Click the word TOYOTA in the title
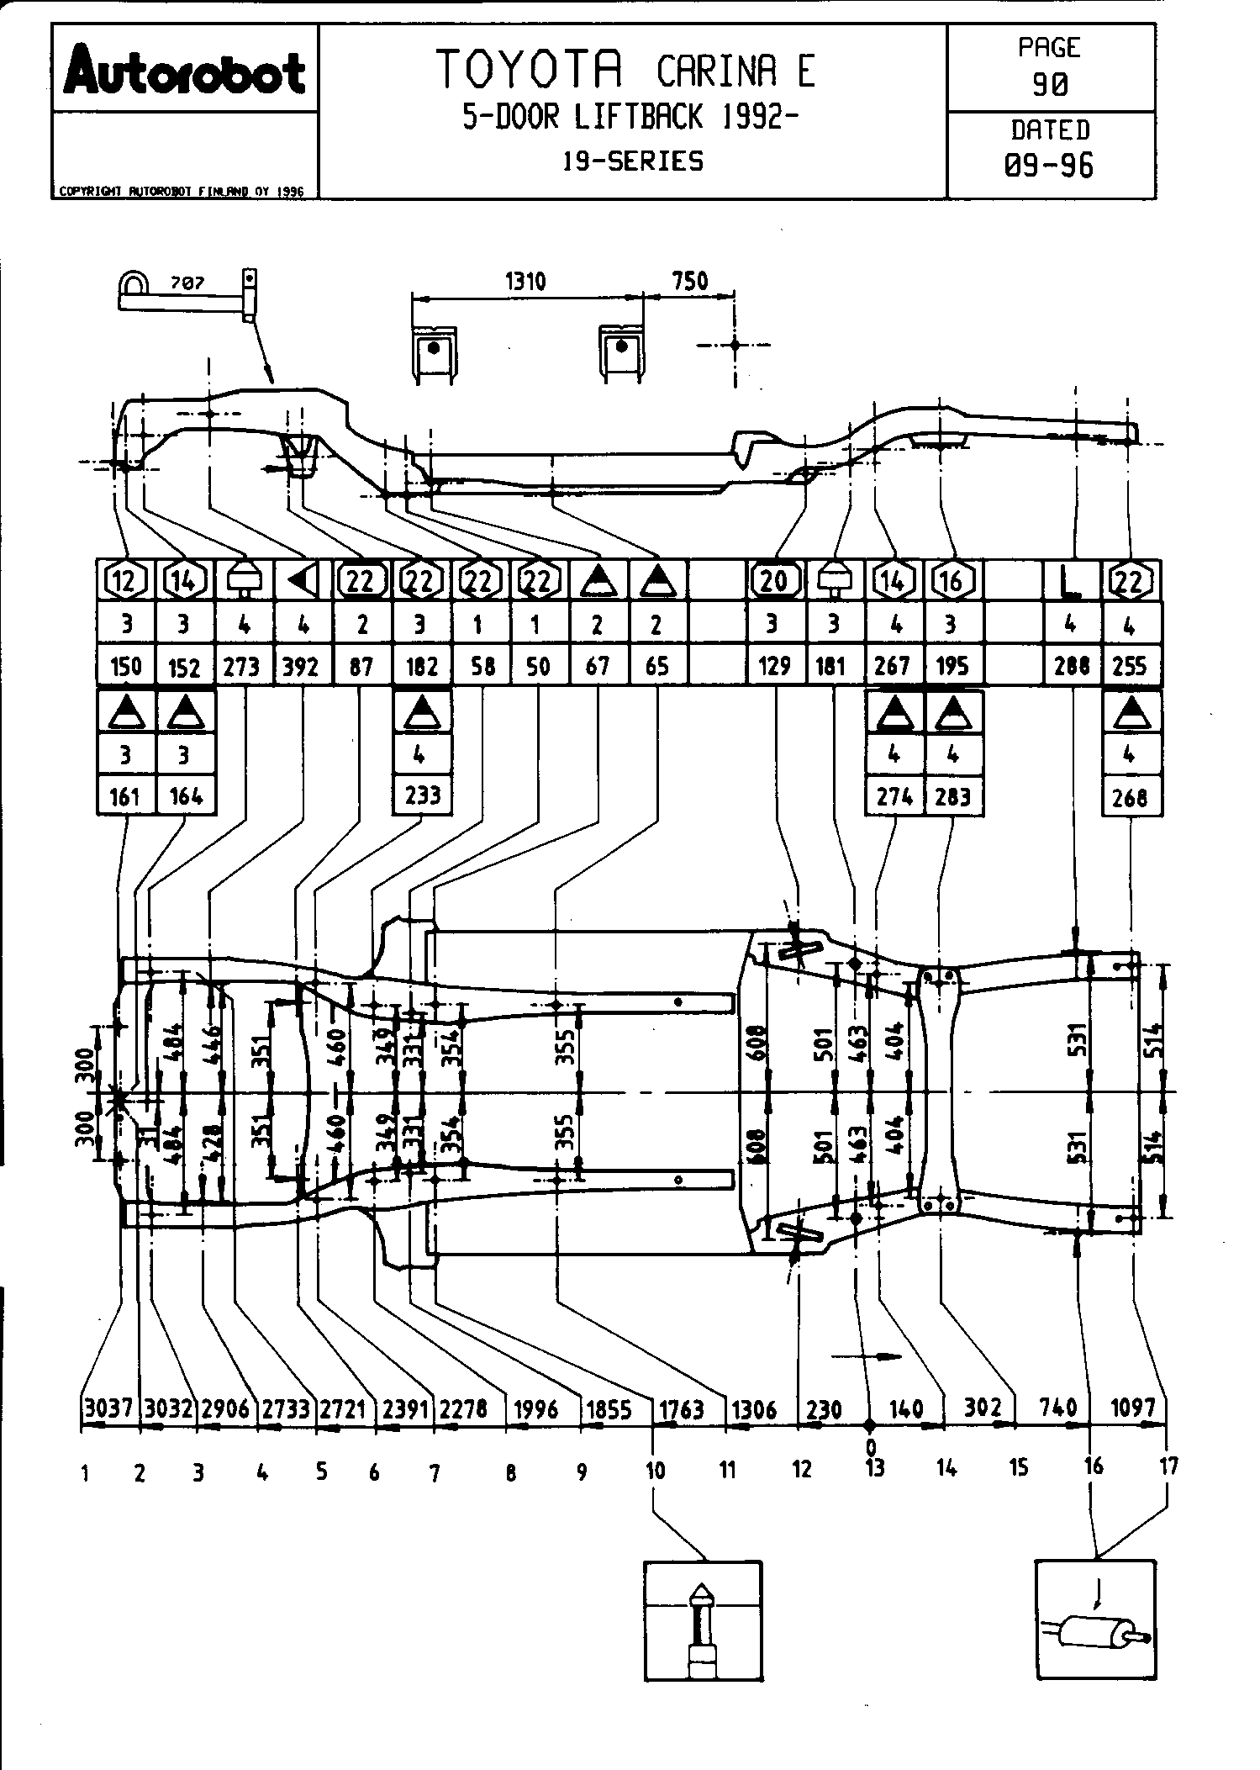[529, 70]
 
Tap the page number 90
[1050, 84]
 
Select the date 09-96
[1050, 165]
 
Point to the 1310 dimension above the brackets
[526, 281]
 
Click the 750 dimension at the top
[689, 281]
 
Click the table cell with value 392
[302, 667]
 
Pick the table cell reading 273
[242, 667]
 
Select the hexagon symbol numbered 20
[774, 580]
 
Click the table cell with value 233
[422, 795]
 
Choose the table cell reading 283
[952, 795]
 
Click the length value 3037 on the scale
[109, 1408]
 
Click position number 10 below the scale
[655, 1471]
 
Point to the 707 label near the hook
[187, 283]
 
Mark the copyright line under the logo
[180, 192]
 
